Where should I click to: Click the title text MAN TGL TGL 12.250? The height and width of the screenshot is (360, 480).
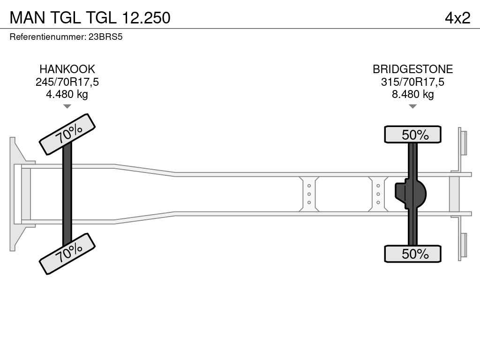click(90, 17)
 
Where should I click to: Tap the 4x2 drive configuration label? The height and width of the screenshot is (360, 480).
click(457, 17)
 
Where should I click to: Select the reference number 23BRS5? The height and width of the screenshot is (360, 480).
click(105, 37)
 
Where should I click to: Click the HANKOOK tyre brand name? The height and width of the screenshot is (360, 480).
click(67, 69)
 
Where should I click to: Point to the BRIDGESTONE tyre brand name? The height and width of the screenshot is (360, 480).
click(412, 69)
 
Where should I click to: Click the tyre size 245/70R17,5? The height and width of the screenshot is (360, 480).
click(67, 82)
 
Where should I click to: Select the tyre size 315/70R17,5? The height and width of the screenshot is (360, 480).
click(412, 82)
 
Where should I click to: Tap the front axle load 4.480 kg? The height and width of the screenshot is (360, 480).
click(67, 94)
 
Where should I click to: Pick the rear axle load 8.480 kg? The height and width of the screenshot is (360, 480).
click(412, 94)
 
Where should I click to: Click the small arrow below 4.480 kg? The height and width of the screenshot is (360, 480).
click(67, 106)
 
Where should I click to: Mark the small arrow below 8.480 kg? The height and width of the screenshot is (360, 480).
click(412, 106)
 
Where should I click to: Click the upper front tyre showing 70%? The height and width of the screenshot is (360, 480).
click(67, 134)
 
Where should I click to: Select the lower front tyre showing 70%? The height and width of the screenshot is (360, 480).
click(67, 254)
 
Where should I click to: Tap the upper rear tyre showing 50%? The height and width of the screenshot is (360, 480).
click(412, 135)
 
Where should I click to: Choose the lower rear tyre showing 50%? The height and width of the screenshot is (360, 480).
click(412, 254)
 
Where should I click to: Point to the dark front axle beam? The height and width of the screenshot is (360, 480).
click(67, 194)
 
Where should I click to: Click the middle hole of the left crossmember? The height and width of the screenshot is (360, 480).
click(309, 194)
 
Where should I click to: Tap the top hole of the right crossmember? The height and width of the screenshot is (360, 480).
click(378, 186)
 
